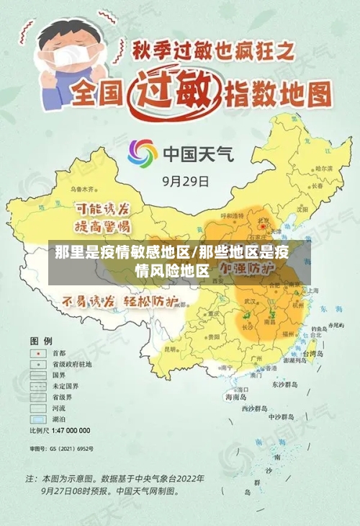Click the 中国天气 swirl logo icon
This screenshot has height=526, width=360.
coord(143,153)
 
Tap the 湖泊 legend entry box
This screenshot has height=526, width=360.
coord(35,419)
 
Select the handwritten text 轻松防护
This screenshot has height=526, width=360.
coord(151,301)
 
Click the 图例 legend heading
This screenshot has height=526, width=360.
coord(40,339)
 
